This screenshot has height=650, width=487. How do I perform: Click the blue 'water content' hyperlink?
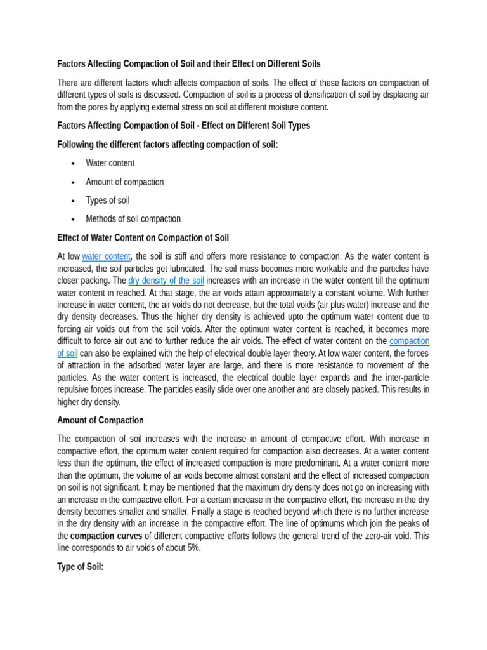(106, 256)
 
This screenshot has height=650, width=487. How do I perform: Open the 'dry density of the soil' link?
(166, 281)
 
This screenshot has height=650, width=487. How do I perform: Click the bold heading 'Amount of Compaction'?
(100, 420)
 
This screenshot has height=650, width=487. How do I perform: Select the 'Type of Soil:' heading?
(80, 567)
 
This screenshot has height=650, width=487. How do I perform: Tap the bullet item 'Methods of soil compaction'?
(133, 219)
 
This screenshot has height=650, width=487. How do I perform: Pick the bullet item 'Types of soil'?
(107, 201)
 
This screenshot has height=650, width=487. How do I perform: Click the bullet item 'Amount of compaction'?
(124, 182)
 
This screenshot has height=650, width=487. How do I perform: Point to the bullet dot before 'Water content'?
(73, 164)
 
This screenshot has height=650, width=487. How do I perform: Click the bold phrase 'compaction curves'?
(106, 536)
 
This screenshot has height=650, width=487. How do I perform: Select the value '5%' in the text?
(193, 548)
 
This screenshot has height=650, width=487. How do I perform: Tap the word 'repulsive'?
(74, 390)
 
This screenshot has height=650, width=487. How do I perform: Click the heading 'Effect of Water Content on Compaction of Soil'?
(143, 238)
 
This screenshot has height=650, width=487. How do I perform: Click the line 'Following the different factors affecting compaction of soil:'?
(167, 145)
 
